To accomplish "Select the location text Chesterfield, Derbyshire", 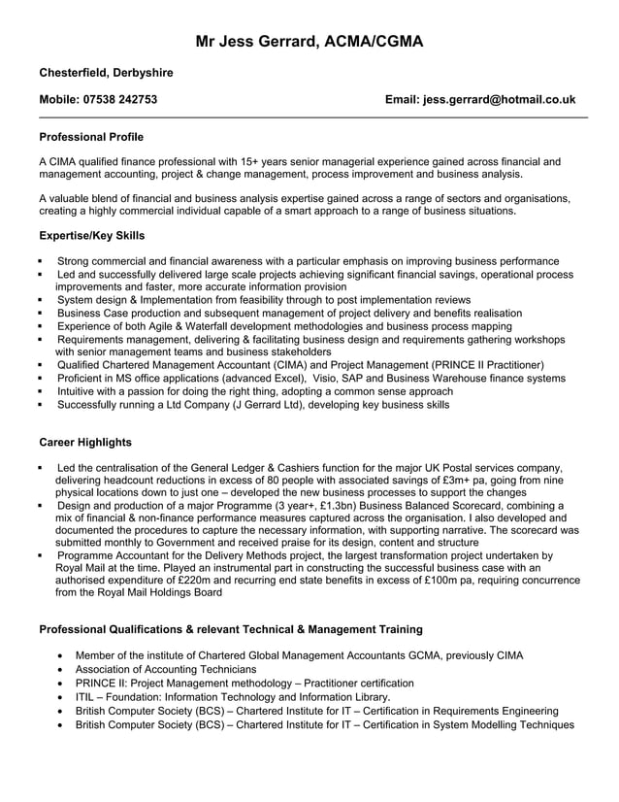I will click(x=106, y=73).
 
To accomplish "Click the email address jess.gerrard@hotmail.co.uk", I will click(x=480, y=99).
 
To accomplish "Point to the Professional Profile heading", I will click(x=91, y=137).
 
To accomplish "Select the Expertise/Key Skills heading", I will click(x=92, y=235).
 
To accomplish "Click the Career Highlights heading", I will click(x=85, y=442).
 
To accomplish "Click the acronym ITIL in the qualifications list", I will click(x=86, y=696).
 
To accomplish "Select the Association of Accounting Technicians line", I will click(x=166, y=669).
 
